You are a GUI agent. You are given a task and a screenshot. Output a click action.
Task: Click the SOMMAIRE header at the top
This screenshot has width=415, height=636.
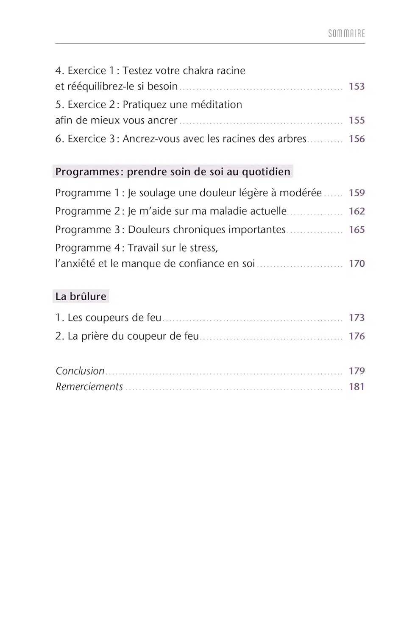click(346, 33)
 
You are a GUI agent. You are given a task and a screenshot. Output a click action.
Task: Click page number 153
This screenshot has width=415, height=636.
click(357, 86)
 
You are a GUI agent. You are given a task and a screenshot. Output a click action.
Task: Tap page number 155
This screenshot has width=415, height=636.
click(357, 120)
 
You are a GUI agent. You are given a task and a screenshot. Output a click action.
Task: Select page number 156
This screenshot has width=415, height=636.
click(357, 139)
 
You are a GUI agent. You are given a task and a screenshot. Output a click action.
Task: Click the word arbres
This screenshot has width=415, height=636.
click(292, 139)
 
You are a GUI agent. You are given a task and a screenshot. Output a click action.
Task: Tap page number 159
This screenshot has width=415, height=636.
click(357, 193)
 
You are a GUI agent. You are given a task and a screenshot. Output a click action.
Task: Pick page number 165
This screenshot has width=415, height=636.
click(357, 230)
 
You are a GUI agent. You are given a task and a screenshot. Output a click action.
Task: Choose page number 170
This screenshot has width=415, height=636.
click(357, 264)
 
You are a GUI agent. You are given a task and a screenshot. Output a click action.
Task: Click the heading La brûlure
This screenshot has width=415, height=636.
click(81, 296)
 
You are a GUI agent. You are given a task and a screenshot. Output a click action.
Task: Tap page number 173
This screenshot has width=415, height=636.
click(357, 318)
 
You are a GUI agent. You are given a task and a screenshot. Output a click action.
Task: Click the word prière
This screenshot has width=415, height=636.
click(95, 336)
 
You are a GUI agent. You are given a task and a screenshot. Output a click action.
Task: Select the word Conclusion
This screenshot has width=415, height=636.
click(80, 371)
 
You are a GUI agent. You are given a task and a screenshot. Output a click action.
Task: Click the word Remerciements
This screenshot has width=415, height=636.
click(89, 387)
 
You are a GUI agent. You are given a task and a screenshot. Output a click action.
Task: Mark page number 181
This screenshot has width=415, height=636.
click(357, 387)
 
